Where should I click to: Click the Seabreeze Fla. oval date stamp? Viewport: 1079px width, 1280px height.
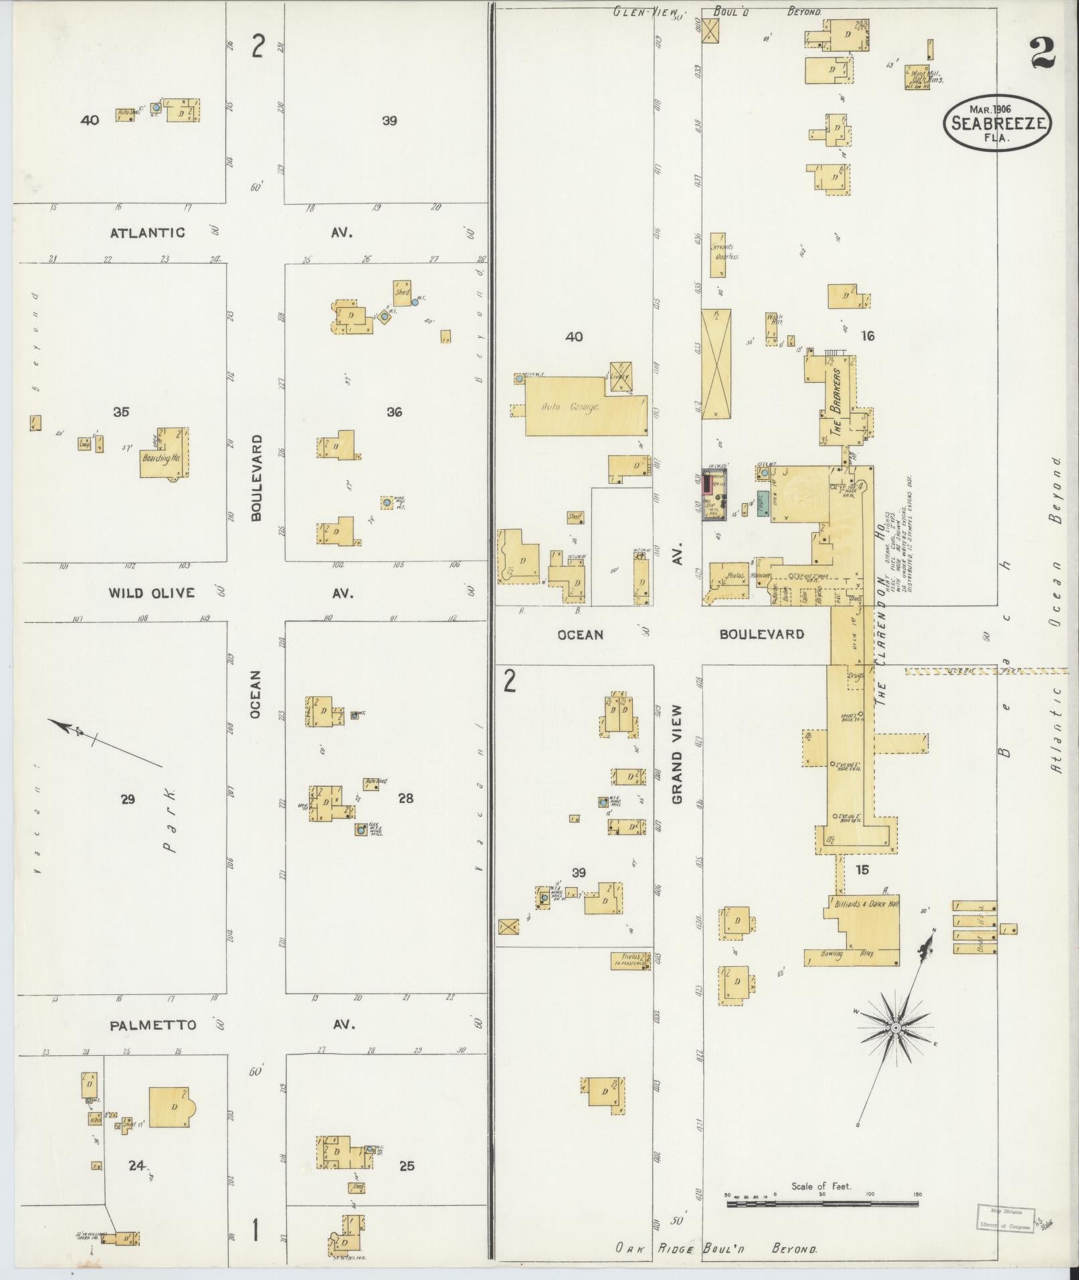996,122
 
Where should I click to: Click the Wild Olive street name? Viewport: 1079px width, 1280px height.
152,593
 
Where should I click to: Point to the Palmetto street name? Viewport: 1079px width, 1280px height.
154,1025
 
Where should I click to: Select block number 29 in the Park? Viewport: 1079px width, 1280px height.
128,799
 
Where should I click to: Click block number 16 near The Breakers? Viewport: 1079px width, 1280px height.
868,336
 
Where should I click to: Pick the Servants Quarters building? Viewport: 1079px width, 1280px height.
718,255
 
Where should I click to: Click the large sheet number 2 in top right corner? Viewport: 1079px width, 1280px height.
1042,54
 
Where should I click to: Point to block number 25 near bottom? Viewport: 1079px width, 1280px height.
406,1166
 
